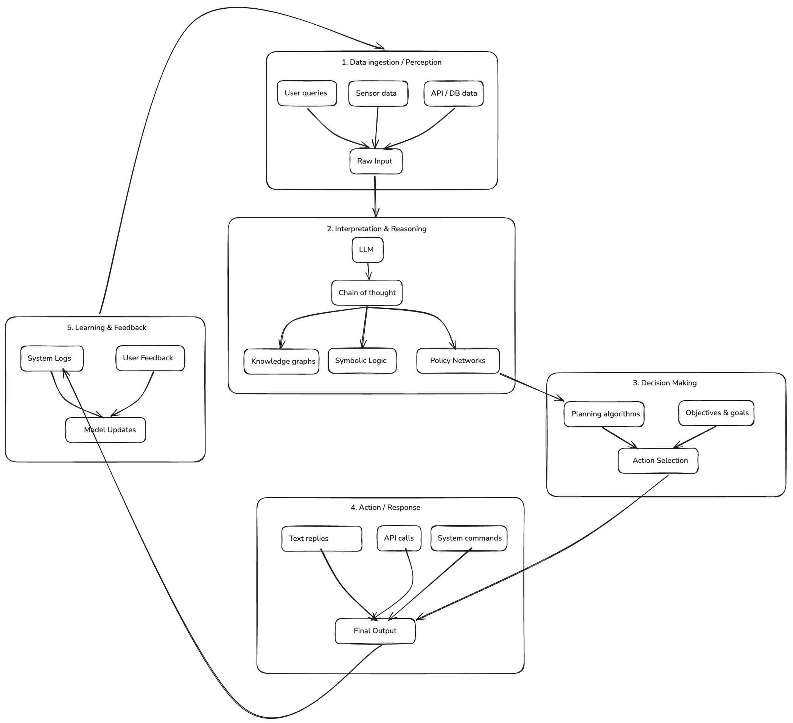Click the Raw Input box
tap(376, 161)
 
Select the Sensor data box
tap(378, 93)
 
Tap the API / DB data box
tap(453, 93)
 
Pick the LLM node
tap(367, 249)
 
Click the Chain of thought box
tap(367, 293)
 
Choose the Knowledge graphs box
tap(281, 361)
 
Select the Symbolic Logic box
tap(362, 360)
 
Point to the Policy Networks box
tap(458, 360)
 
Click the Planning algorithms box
tap(603, 414)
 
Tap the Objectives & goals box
tap(716, 413)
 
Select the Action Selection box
tap(658, 460)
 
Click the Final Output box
tap(375, 631)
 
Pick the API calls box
tap(398, 538)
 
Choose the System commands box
tap(468, 538)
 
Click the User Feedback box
tap(150, 358)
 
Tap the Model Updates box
tap(106, 430)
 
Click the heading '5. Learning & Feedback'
tap(107, 327)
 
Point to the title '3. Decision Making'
tap(664, 383)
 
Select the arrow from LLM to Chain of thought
tap(369, 271)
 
